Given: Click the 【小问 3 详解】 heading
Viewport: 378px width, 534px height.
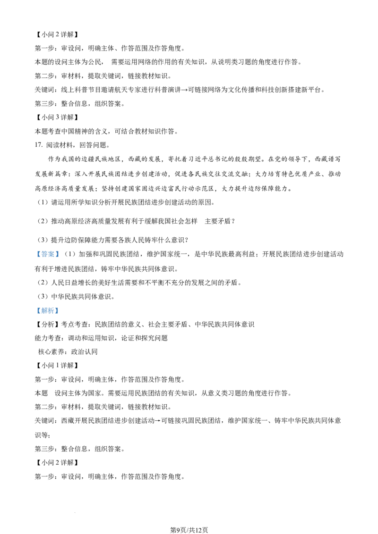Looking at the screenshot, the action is (x=57, y=117).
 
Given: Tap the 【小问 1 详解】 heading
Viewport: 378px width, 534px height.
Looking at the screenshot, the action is (x=57, y=366).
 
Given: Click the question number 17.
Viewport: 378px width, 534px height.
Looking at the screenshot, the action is (x=39, y=145).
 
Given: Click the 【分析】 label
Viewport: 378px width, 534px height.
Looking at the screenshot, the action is (x=48, y=325).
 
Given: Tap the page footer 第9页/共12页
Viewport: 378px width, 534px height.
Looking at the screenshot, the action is (x=189, y=530).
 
